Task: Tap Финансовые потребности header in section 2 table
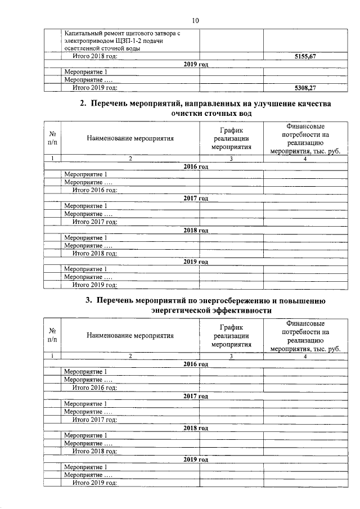[x=304, y=138]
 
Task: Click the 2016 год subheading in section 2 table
[x=196, y=167]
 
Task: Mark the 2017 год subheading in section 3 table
[x=196, y=396]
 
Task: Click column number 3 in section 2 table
[x=231, y=159]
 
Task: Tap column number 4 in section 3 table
[x=304, y=356]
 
